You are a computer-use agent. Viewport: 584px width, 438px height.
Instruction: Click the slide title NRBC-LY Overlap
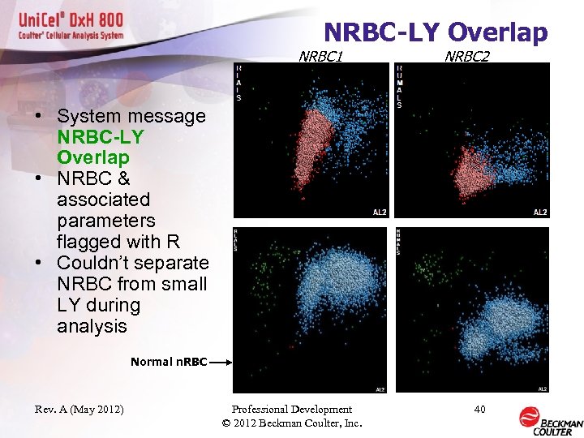tap(436, 32)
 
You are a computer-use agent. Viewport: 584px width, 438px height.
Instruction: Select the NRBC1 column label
tap(320, 56)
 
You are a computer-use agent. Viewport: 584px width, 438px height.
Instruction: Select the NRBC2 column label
tap(466, 56)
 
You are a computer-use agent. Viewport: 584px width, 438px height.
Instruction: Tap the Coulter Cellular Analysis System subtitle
tap(72, 36)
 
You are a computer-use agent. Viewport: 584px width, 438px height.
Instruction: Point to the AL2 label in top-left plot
tap(380, 212)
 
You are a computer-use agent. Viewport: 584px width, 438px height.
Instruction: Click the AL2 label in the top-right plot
tap(539, 212)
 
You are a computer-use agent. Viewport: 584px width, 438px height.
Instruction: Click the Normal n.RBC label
tap(169, 362)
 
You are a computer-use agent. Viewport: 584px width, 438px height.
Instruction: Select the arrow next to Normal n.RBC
tap(221, 363)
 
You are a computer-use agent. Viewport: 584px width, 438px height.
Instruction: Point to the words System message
tap(131, 116)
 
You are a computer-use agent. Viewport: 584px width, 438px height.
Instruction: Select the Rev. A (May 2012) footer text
tap(80, 410)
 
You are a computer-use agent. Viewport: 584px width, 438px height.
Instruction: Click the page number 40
tap(479, 410)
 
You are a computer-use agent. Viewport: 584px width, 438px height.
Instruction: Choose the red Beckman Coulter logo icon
tap(529, 417)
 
